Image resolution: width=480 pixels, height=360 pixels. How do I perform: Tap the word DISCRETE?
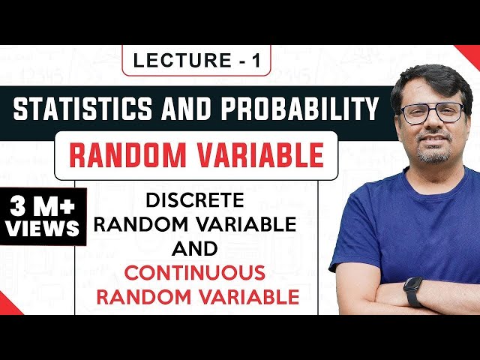[x=196, y=200]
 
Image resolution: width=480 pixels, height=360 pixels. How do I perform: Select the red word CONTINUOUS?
[x=196, y=271]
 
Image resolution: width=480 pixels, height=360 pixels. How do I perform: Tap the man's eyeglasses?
[x=432, y=112]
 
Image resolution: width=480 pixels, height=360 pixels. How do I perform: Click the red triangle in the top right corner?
[x=471, y=52]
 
